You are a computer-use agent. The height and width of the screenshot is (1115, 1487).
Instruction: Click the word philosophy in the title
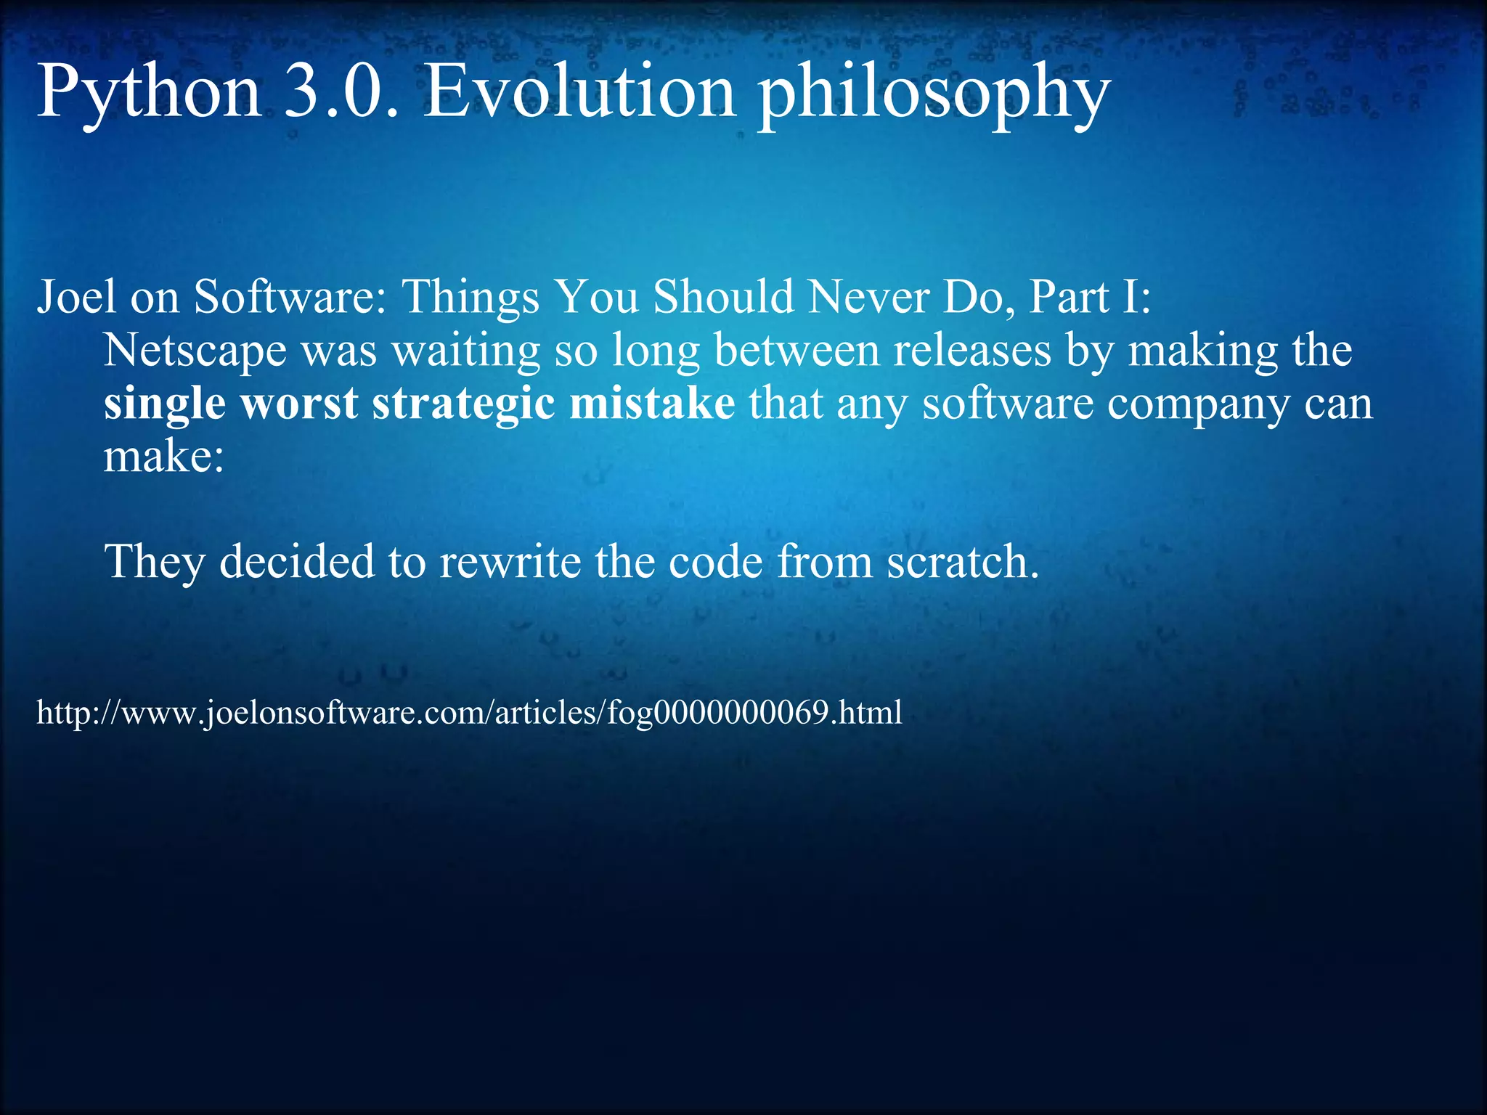[934, 98]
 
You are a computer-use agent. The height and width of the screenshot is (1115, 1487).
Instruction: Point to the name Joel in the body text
[76, 297]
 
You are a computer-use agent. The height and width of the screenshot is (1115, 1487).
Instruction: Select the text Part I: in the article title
[1090, 297]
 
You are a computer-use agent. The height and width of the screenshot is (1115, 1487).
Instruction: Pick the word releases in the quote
[972, 350]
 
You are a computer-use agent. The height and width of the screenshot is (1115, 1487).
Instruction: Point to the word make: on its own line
[164, 458]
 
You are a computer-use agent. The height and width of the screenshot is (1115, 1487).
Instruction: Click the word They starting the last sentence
[154, 562]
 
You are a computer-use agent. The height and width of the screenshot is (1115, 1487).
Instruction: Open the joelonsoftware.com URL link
[469, 713]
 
